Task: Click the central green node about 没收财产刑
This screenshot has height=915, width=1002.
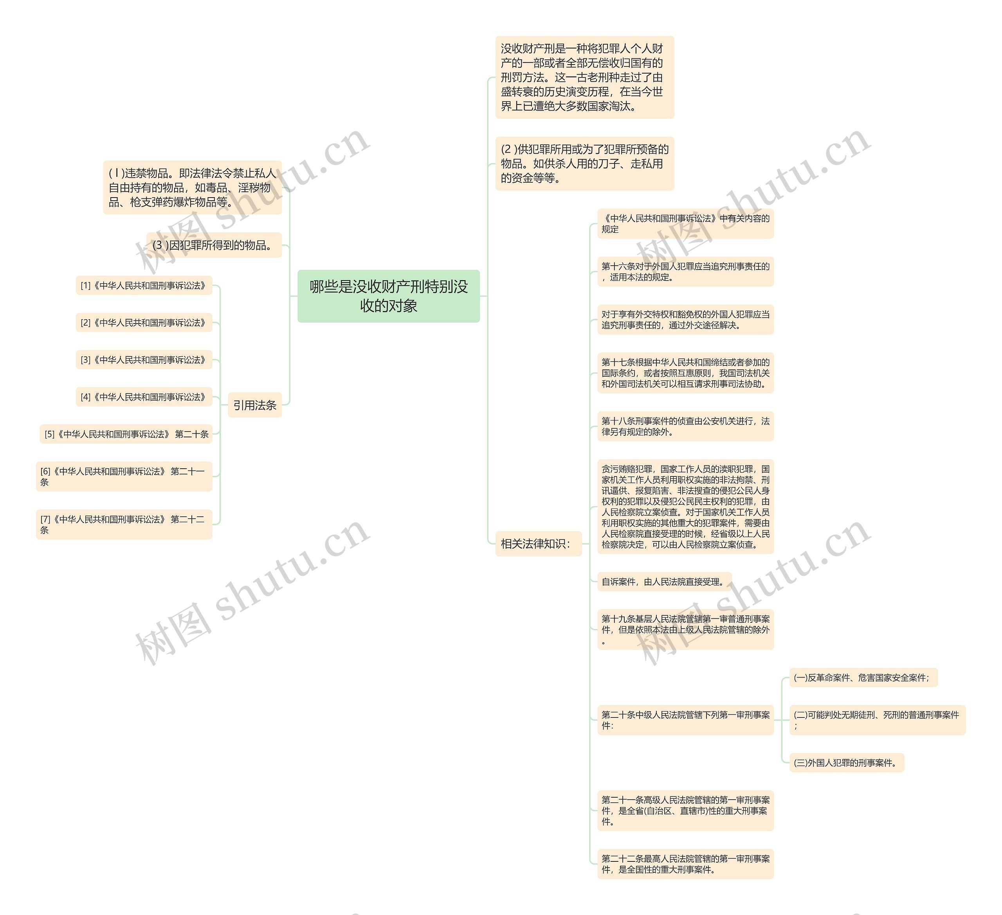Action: [x=388, y=296]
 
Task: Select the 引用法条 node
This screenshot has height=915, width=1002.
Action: [x=254, y=405]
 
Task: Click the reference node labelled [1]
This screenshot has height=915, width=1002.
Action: [x=144, y=286]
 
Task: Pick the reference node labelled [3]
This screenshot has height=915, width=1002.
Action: [x=144, y=360]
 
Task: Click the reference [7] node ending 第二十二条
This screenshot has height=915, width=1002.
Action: [x=124, y=525]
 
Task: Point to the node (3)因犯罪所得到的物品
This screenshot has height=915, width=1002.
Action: [x=214, y=245]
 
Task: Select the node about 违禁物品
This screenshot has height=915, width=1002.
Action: [x=192, y=187]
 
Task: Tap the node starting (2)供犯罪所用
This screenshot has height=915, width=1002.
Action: [x=584, y=164]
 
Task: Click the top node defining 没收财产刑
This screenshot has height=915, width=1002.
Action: [x=584, y=77]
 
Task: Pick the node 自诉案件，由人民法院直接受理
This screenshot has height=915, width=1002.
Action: [x=664, y=582]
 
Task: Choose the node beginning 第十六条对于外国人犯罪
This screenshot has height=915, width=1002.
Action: [x=685, y=272]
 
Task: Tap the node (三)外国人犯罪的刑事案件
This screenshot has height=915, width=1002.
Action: [x=846, y=762]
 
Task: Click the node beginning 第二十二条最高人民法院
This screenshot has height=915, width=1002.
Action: [x=685, y=864]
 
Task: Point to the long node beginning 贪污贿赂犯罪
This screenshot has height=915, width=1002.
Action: [x=685, y=506]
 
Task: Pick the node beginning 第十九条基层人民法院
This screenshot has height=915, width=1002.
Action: [x=685, y=629]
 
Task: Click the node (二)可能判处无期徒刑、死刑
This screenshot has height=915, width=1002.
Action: [x=877, y=720]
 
